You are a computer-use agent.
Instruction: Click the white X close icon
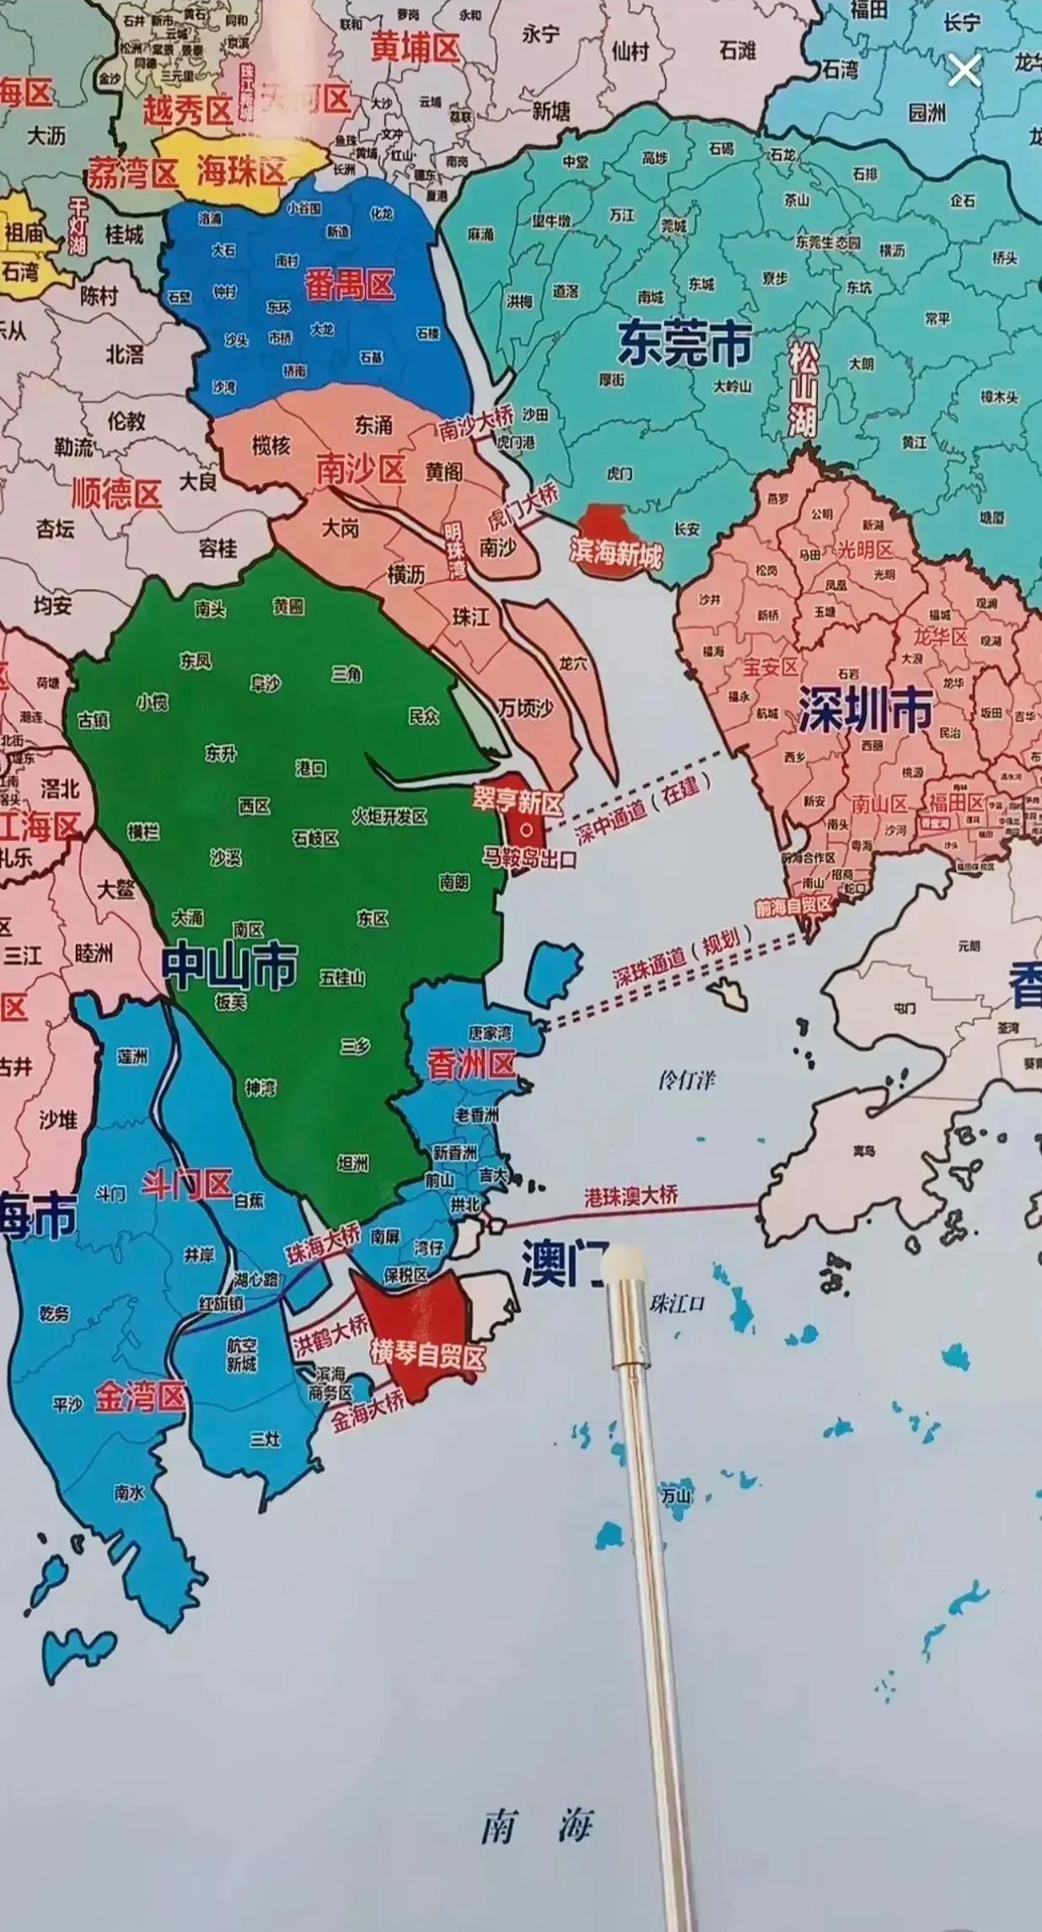point(964,72)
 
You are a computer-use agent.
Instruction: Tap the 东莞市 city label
point(685,342)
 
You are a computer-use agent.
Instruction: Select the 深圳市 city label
point(865,708)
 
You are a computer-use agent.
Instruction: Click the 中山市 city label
point(229,966)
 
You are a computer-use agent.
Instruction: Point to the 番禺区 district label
point(350,285)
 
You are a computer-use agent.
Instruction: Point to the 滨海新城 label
point(616,555)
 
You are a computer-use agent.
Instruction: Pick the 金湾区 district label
point(139,1397)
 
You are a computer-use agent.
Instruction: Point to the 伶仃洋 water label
point(688,1080)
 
